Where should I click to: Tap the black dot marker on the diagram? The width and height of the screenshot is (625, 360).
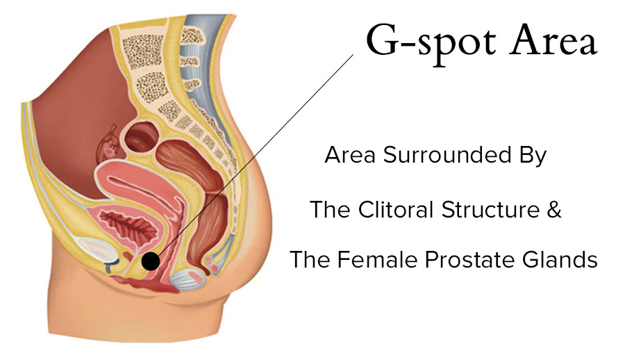[150, 261]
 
